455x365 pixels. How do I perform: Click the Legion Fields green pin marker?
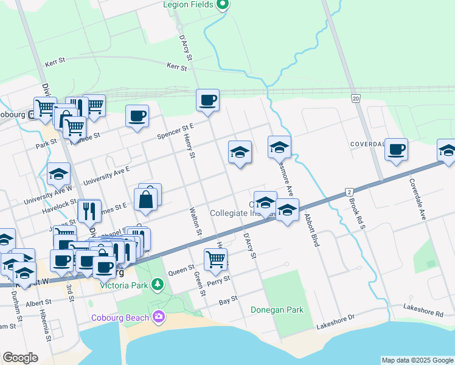[222, 5]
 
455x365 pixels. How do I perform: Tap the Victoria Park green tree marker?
[158, 283]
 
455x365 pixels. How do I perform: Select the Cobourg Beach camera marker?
[159, 316]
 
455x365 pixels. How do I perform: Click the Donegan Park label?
[277, 310]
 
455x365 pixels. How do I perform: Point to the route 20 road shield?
[355, 98]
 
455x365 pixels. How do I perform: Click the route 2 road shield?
[349, 191]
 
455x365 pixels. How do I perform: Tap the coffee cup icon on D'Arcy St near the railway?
[207, 100]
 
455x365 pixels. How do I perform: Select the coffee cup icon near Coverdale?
[396, 150]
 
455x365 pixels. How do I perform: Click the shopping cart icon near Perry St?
[215, 259]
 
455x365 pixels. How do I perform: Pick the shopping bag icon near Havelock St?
[147, 200]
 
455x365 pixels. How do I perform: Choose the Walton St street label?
[195, 221]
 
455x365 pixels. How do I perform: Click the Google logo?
[21, 358]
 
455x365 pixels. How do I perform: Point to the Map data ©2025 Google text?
[417, 360]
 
